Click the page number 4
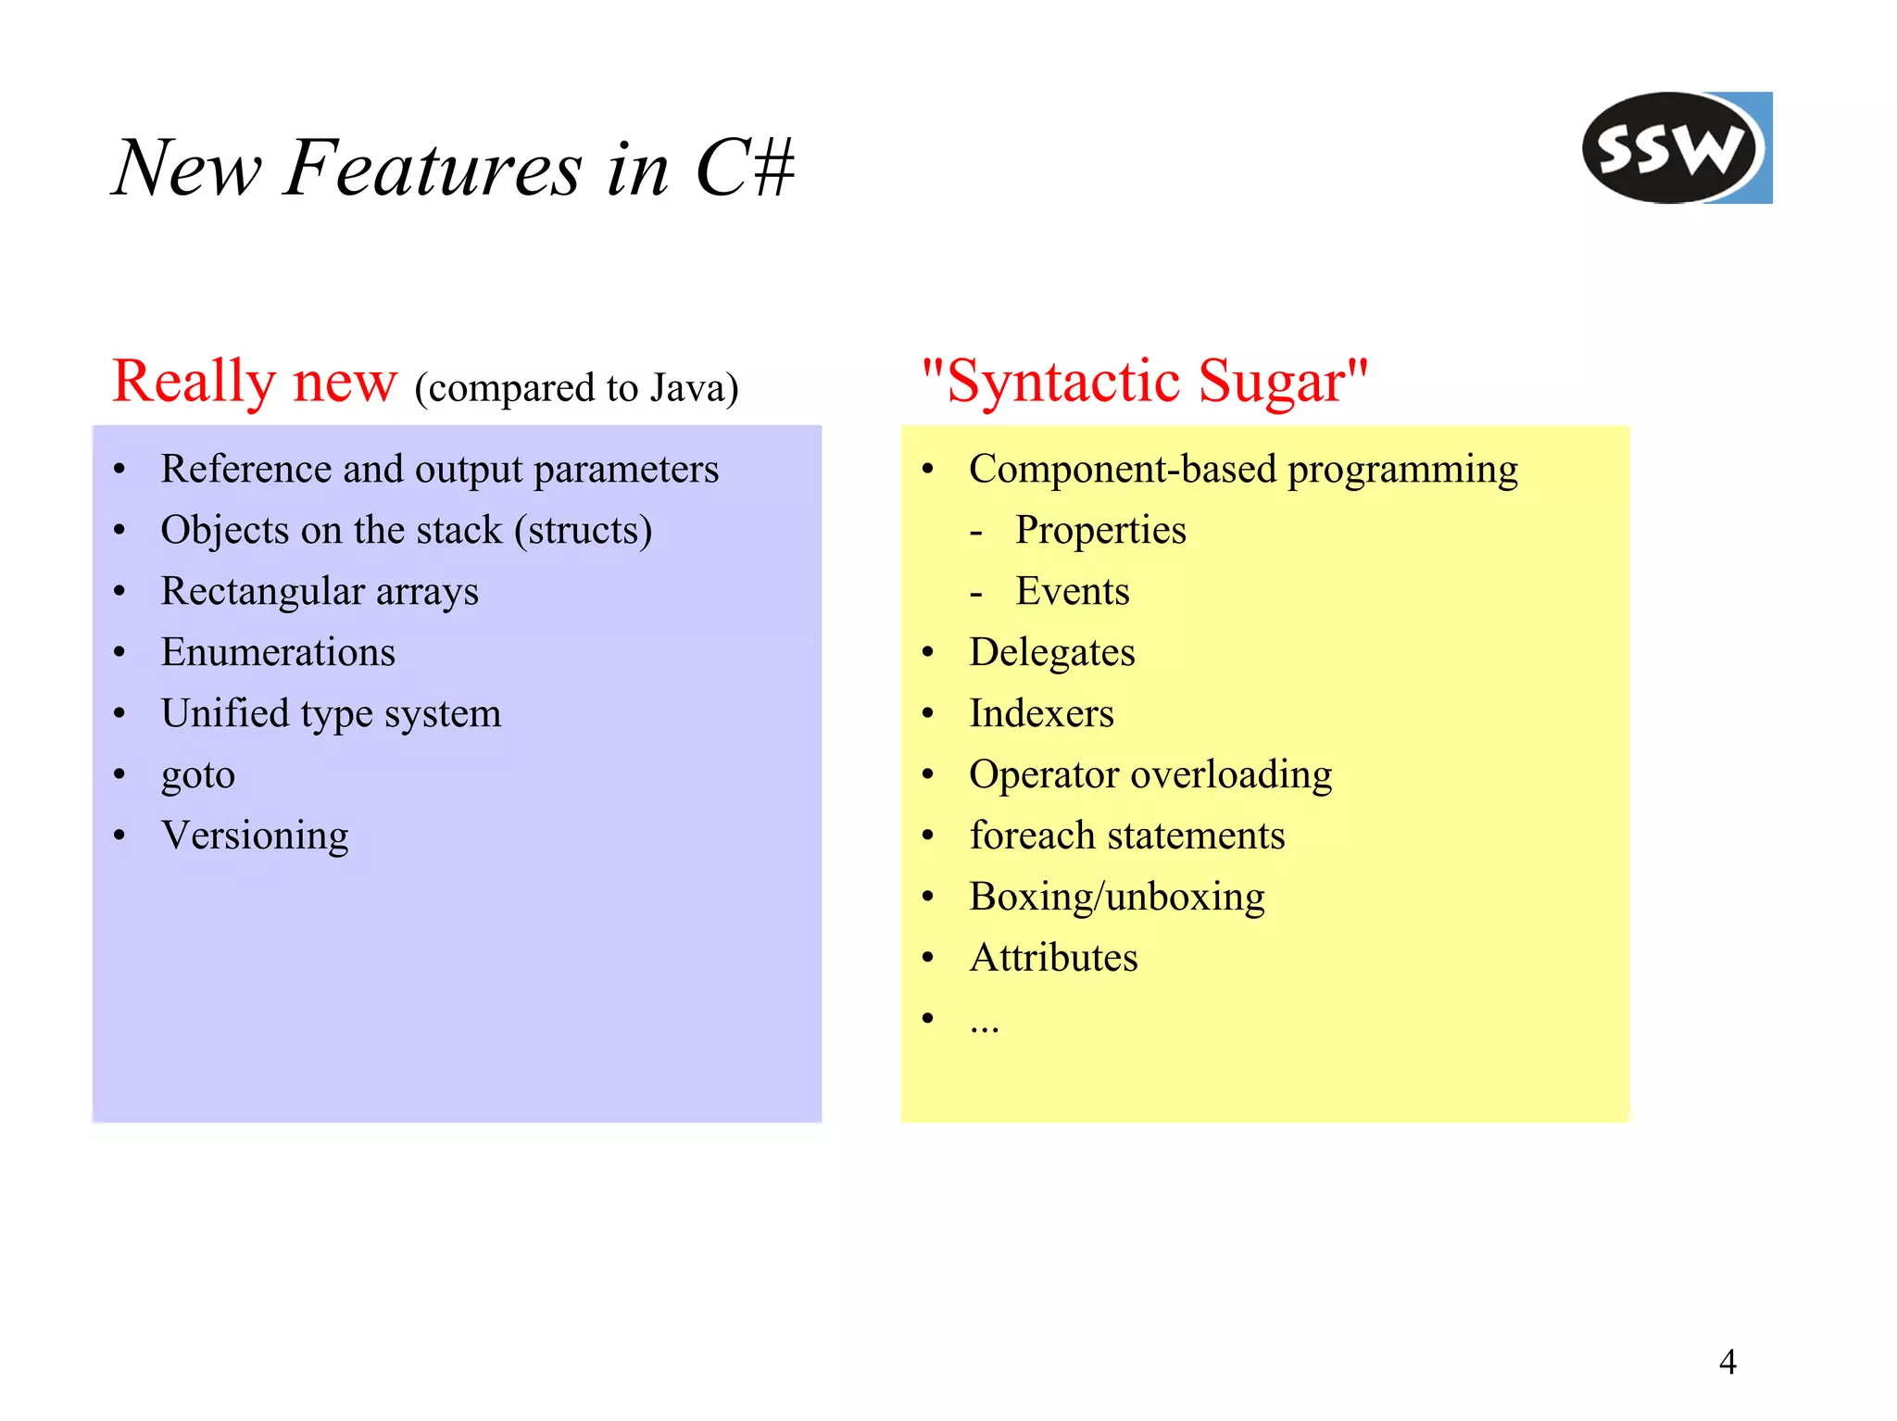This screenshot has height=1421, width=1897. [x=1727, y=1362]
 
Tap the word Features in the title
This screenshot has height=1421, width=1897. [x=433, y=169]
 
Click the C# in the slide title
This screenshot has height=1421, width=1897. [x=744, y=169]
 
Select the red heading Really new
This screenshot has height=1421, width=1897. [x=255, y=381]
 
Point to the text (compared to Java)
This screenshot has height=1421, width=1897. [x=576, y=387]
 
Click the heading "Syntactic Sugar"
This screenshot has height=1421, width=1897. [x=1144, y=381]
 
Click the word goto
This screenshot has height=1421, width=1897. [x=198, y=774]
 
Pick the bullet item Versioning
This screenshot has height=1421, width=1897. [x=255, y=836]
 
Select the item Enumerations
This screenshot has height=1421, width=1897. [x=278, y=652]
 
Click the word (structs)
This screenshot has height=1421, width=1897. [x=584, y=531]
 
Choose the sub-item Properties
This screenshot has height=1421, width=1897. [x=1100, y=531]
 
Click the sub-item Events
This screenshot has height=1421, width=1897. [x=1073, y=592]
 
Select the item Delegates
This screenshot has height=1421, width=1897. [x=1051, y=653]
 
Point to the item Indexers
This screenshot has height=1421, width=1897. [x=1041, y=713]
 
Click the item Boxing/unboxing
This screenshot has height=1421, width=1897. [x=1116, y=897]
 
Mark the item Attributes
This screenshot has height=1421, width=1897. [x=1053, y=958]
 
